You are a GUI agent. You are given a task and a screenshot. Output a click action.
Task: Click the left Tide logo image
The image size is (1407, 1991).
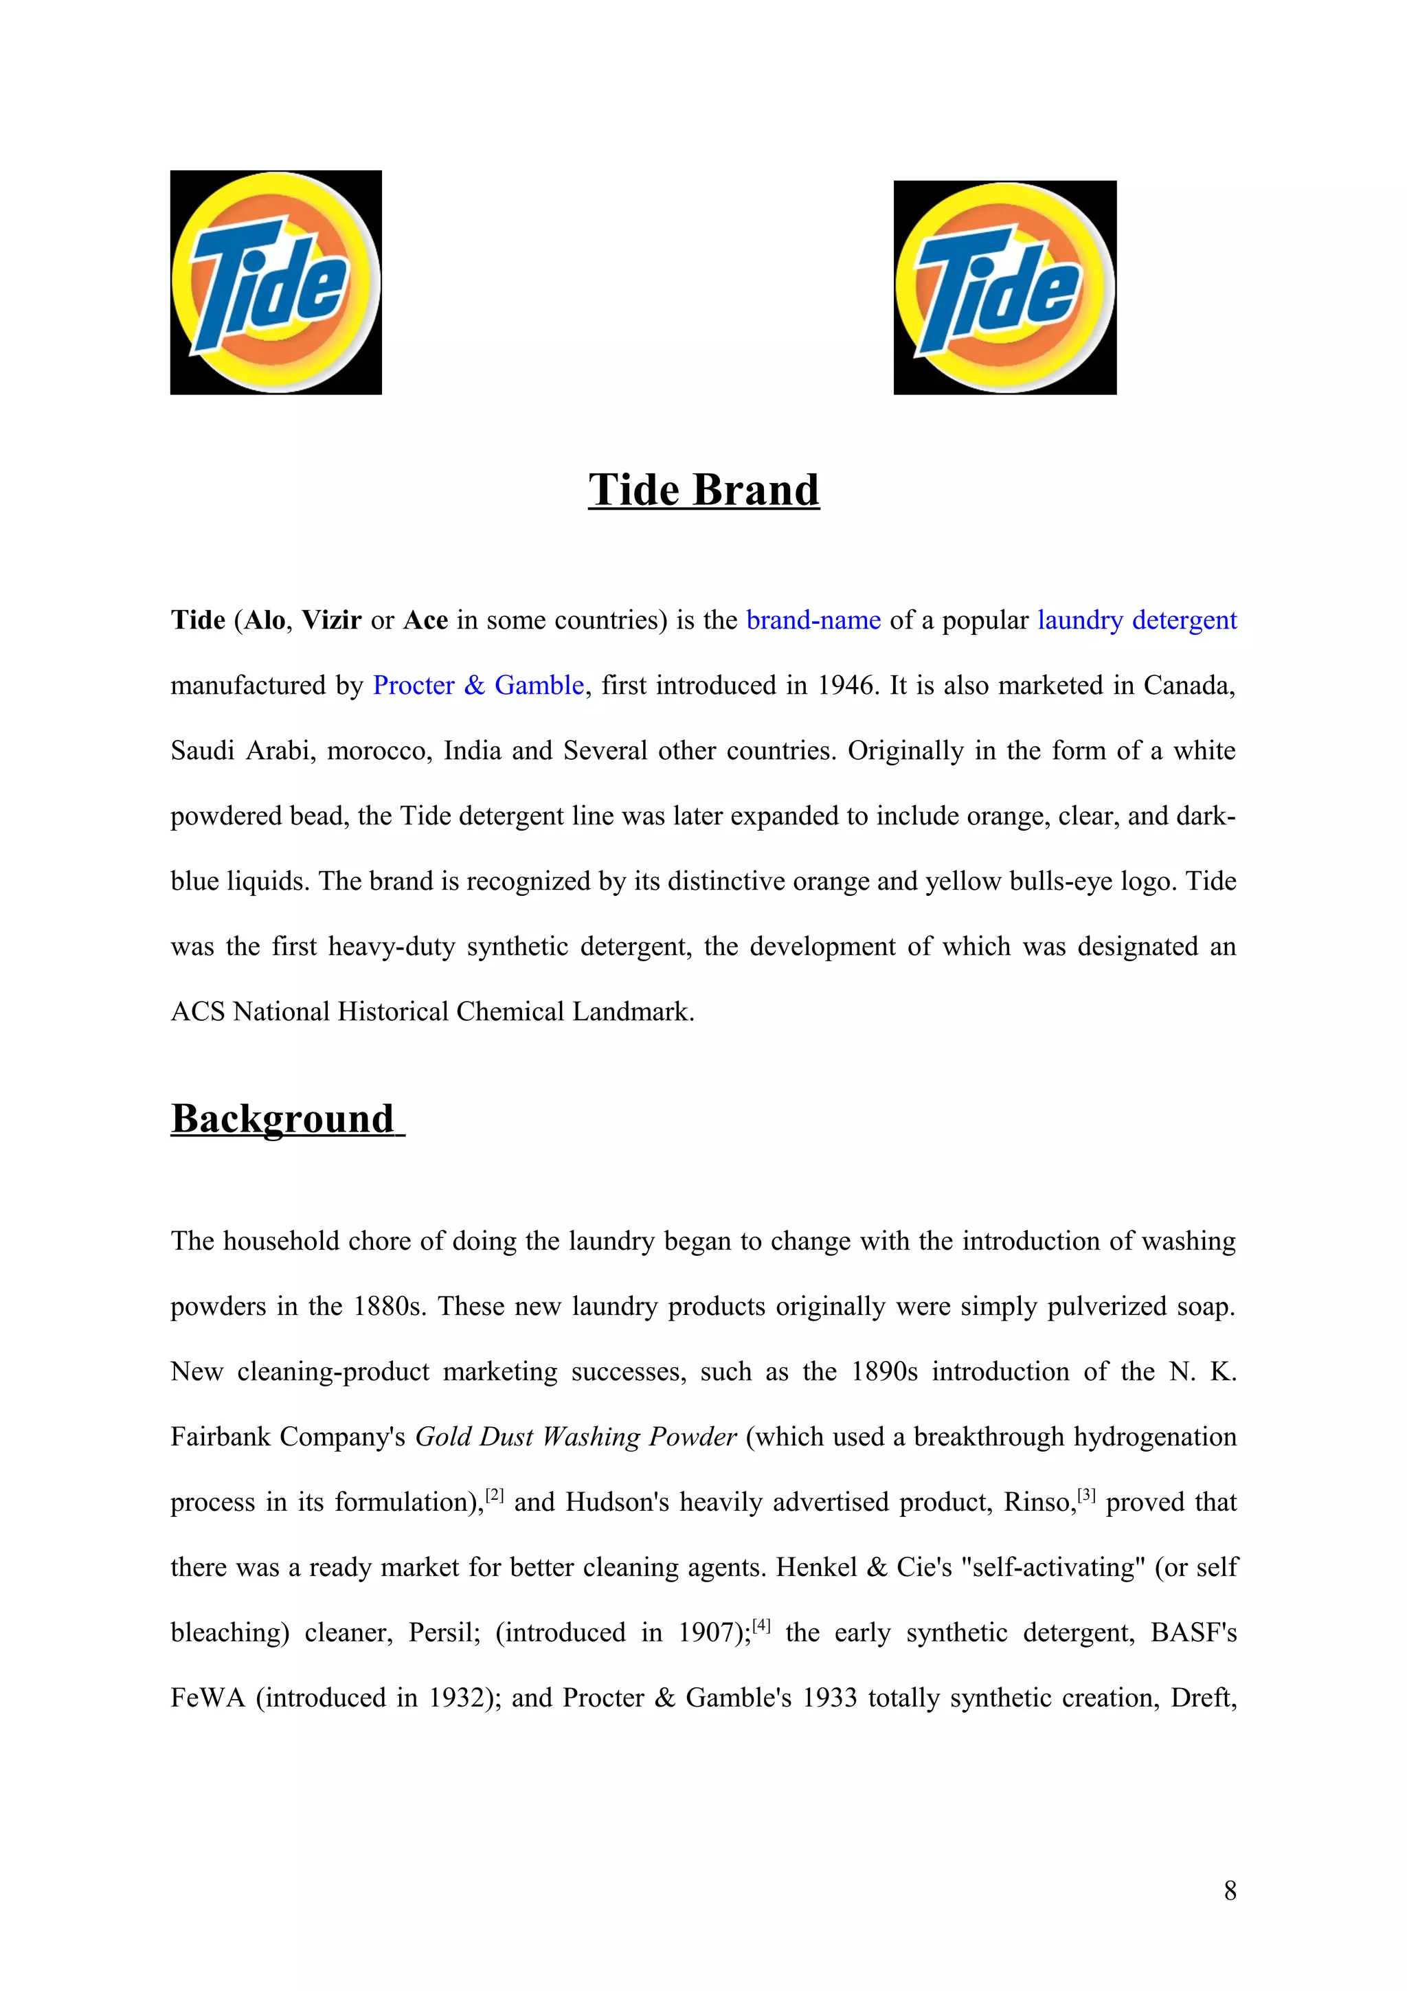[275, 282]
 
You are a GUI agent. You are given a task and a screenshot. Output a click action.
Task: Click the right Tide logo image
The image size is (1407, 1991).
[1004, 287]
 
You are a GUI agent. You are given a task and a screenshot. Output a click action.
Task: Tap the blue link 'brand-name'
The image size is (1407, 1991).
[813, 620]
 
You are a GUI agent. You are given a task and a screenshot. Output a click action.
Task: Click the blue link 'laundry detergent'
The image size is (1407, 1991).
[1136, 620]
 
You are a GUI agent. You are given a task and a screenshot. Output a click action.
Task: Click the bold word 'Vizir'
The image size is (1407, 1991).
[331, 620]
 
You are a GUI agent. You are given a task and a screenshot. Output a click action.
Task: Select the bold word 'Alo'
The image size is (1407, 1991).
[264, 620]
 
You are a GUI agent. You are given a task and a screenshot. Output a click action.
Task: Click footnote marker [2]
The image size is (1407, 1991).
[494, 1494]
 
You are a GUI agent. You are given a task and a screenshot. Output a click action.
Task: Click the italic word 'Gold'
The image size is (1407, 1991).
[443, 1437]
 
